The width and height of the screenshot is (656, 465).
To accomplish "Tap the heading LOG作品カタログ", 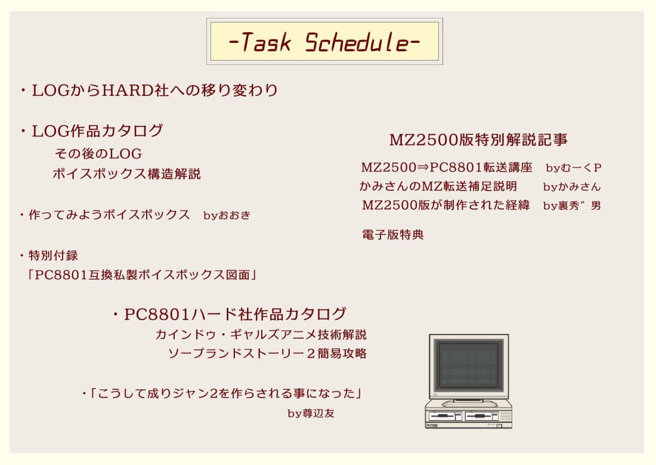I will (97, 131).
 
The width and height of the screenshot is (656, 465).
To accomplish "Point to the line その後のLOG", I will (98, 154).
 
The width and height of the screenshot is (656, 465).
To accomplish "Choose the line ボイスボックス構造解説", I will (126, 174).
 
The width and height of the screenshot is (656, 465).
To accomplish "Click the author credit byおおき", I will (227, 215).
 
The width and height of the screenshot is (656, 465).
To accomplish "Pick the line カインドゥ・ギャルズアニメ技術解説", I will (261, 334).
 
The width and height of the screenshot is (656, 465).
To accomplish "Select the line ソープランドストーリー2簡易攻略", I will (267, 354).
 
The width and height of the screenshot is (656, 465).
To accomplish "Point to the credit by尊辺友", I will (311, 413).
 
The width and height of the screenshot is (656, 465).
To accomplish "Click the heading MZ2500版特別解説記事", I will (478, 140).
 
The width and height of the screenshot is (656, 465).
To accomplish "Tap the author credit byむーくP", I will (573, 168).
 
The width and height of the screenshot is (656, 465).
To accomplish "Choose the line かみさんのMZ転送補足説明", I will (438, 187).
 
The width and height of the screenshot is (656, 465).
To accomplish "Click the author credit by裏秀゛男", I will (571, 206).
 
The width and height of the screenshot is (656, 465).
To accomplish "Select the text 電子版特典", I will (392, 235).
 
